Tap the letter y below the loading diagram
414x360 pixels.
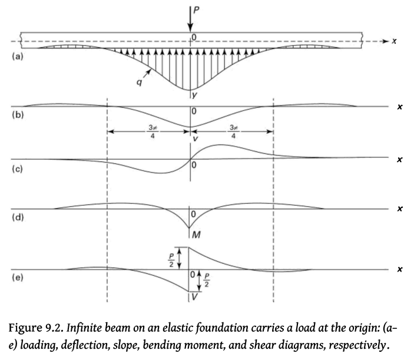point(194,93)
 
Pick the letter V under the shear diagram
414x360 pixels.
point(195,298)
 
